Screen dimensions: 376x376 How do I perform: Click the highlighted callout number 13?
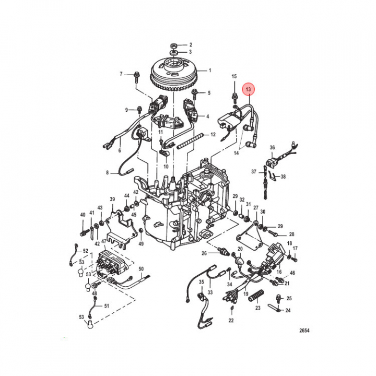[x=248, y=89]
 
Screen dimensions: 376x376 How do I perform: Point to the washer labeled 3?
[x=173, y=52]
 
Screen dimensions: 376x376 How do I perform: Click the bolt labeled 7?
[x=136, y=76]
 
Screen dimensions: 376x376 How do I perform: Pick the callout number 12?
[x=213, y=135]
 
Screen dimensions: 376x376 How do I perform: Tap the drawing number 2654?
[x=304, y=331]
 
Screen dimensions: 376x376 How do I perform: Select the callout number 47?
[x=104, y=241]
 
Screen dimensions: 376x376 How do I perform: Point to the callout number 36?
[x=272, y=147]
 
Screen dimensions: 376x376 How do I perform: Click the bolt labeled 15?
[x=234, y=98]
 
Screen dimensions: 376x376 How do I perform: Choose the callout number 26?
[x=204, y=253]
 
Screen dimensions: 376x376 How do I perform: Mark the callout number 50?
[x=141, y=269]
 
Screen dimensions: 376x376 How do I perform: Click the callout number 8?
[x=107, y=172]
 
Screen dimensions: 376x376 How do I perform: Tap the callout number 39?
[x=112, y=199]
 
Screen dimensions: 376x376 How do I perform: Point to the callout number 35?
[x=201, y=282]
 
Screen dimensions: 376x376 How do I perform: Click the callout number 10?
[x=166, y=167]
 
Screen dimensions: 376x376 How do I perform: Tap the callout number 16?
[x=279, y=272]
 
